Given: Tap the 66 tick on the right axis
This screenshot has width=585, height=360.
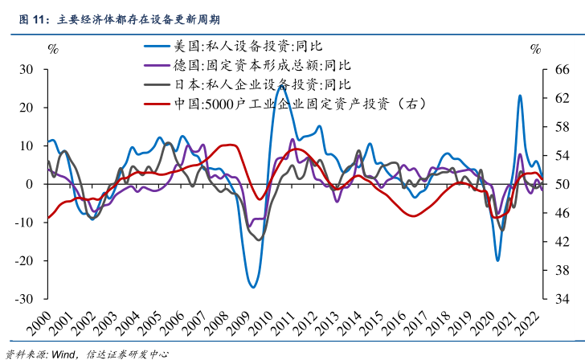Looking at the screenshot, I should [562, 70].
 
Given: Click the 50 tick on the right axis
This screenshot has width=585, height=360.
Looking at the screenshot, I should [562, 185].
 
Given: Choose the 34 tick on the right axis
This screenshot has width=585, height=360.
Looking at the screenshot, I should [562, 299].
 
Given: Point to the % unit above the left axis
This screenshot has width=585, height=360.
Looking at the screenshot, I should [53, 50].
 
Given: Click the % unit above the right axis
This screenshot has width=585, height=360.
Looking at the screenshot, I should [535, 50].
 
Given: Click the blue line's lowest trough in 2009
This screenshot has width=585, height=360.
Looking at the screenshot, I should [252, 287].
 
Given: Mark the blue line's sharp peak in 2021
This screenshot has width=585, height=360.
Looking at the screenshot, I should [520, 96].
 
